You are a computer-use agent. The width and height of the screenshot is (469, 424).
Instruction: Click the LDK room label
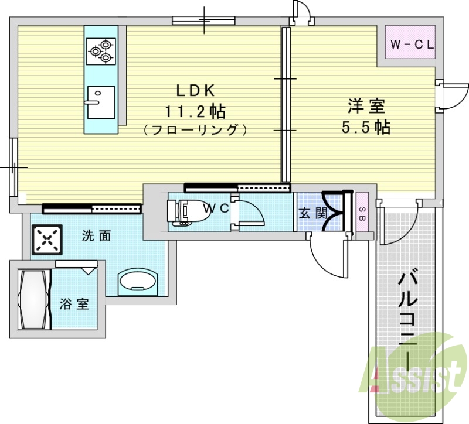(196, 90)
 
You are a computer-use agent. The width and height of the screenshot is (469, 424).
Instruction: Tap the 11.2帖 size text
(196, 111)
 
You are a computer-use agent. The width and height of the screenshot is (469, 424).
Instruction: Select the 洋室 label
(366, 106)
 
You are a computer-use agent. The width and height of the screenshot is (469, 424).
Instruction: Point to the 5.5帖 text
(366, 127)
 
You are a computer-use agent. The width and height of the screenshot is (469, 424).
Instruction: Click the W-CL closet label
(412, 45)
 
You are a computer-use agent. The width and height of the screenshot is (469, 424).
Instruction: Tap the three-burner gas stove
(101, 51)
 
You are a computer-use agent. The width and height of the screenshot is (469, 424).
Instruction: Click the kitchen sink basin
(101, 102)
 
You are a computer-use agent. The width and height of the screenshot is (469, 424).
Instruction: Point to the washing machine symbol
(47, 240)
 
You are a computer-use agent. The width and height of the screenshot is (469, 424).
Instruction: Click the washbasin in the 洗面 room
(138, 282)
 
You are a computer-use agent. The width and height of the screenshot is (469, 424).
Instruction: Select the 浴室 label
(74, 305)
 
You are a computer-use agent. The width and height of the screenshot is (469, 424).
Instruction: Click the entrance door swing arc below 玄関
(322, 266)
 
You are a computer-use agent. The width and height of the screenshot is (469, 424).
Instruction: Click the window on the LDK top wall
(203, 20)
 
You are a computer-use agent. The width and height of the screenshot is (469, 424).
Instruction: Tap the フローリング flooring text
(196, 130)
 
